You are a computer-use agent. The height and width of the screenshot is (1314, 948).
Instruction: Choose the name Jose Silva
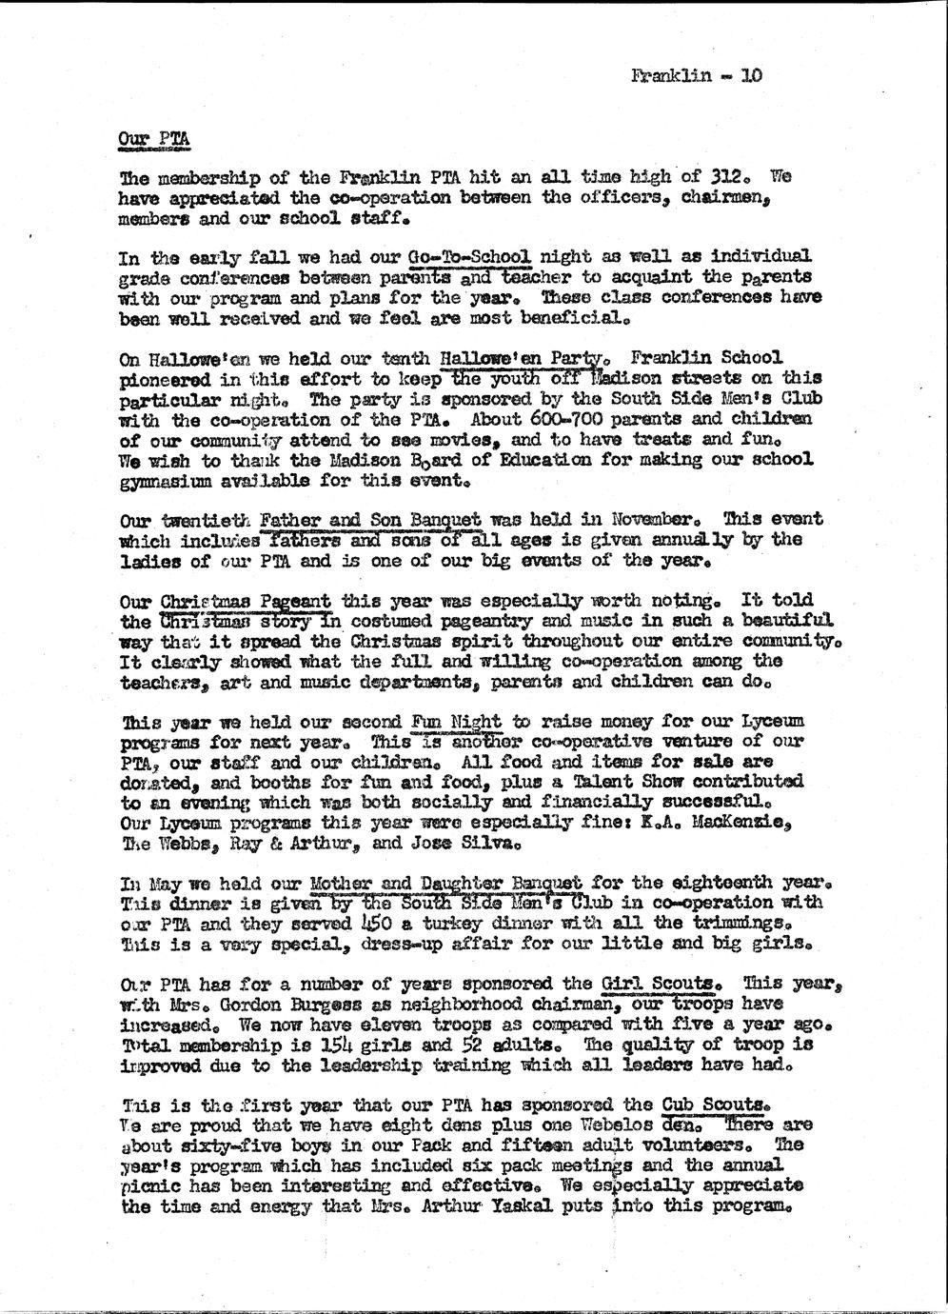(468, 842)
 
